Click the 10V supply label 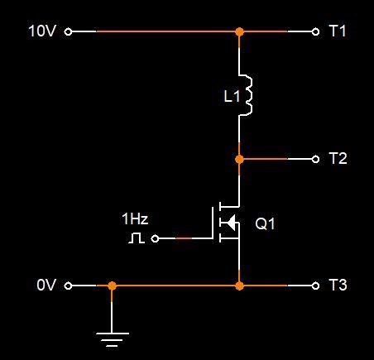point(42,31)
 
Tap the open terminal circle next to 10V point(68,31)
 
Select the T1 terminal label point(338,31)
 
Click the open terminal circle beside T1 point(315,31)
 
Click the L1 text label point(232,97)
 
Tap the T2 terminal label point(338,158)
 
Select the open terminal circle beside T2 point(315,159)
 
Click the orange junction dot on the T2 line point(239,159)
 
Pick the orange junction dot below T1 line point(239,31)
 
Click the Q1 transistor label point(265,223)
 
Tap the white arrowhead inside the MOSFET point(230,223)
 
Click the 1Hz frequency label point(135,218)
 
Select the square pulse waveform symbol point(137,238)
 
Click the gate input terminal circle point(155,238)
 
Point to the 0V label point(46,285)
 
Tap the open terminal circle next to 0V point(68,286)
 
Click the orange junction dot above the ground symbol point(112,286)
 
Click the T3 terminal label point(338,285)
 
